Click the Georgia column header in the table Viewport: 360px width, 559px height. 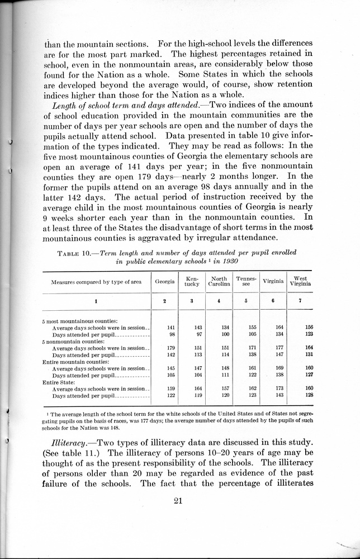165,281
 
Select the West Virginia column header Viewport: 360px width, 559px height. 300,281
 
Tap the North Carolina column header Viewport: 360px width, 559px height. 219,281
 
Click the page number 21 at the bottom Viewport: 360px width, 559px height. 179,500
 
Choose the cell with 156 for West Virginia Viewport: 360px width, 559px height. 309,328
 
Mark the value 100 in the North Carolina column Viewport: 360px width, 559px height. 225,335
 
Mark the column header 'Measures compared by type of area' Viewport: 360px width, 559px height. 96,282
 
